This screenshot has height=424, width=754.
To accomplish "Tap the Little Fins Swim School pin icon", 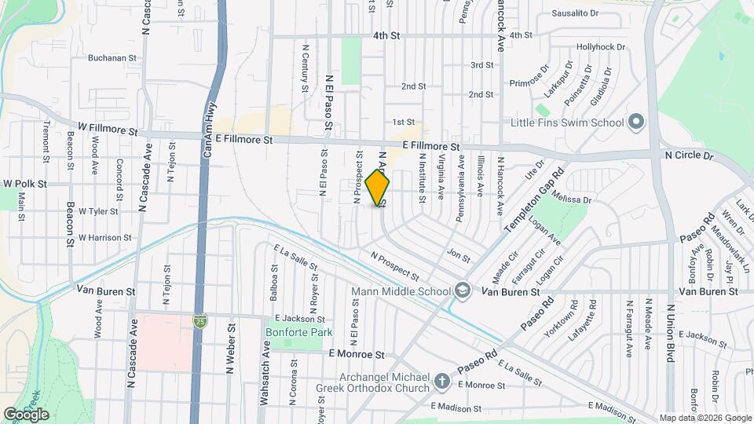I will pyautogui.click(x=636, y=122).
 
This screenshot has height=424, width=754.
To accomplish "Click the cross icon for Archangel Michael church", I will pyautogui.click(x=442, y=382).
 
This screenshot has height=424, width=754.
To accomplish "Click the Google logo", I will pyautogui.click(x=25, y=414).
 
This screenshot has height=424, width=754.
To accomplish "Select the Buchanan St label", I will pyautogui.click(x=112, y=57).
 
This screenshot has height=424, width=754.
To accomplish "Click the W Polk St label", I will pyautogui.click(x=25, y=184).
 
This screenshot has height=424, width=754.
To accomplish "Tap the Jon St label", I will pyautogui.click(x=457, y=257).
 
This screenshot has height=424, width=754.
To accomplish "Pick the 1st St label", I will pyautogui.click(x=403, y=122).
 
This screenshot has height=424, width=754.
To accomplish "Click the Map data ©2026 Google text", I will pyautogui.click(x=704, y=418).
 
